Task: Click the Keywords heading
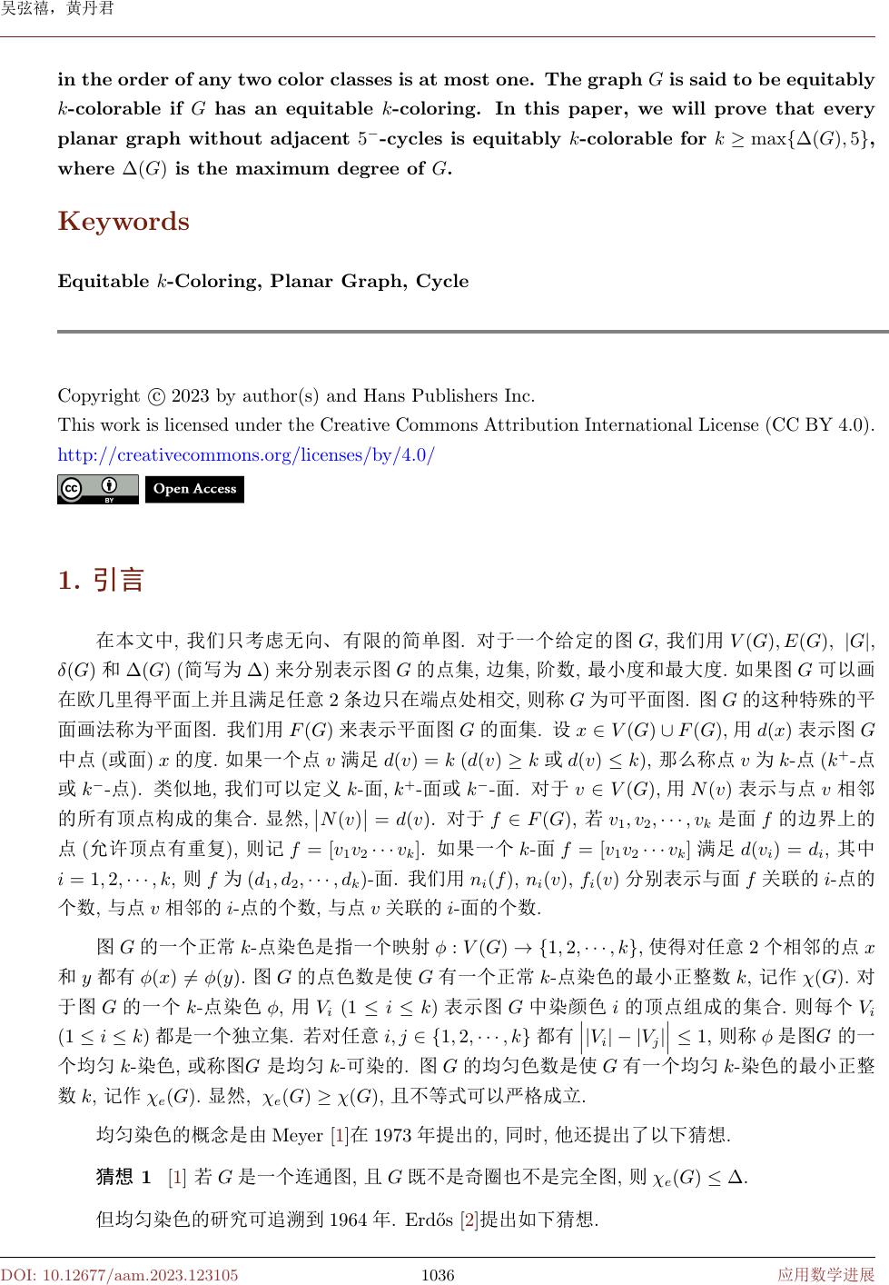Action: pyautogui.click(x=123, y=222)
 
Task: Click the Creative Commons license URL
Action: pyautogui.click(x=246, y=454)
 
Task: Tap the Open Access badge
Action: pyautogui.click(x=194, y=489)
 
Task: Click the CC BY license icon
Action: pyautogui.click(x=98, y=489)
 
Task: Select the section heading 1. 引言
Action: pyautogui.click(x=101, y=580)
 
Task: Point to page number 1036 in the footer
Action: pyautogui.click(x=438, y=1275)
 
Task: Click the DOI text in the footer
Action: pyautogui.click(x=119, y=1275)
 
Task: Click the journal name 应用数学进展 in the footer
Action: pyautogui.click(x=825, y=1275)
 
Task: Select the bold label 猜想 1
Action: pyautogui.click(x=123, y=1178)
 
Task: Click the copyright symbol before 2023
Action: pyautogui.click(x=155, y=396)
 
